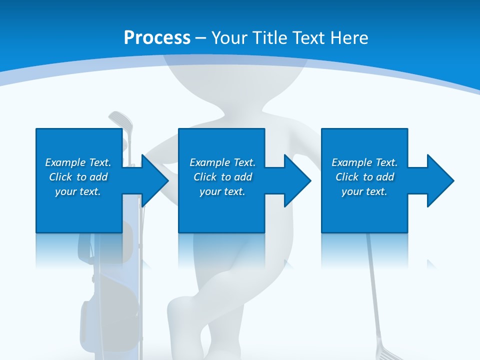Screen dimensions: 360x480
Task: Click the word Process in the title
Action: [157, 37]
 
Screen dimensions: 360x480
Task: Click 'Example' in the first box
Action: [65, 162]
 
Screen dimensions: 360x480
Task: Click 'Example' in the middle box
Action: [210, 162]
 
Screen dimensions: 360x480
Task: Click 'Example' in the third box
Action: [352, 162]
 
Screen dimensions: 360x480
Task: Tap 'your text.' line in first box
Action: [78, 191]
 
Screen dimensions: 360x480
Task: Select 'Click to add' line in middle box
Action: [222, 177]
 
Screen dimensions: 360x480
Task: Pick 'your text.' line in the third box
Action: [364, 191]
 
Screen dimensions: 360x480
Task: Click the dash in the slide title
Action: [201, 37]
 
